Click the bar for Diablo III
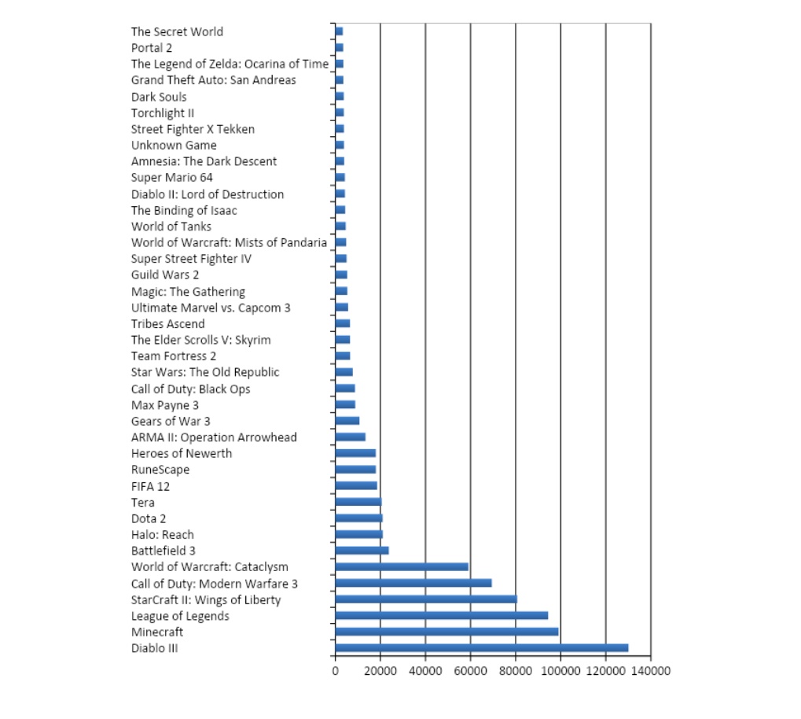(x=481, y=647)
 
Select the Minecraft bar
(x=446, y=631)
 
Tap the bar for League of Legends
(x=441, y=615)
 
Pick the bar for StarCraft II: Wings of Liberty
(x=425, y=599)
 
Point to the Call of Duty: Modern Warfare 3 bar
(x=413, y=583)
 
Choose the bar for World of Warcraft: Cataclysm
(x=401, y=566)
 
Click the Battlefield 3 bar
(x=362, y=550)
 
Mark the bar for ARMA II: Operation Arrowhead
(x=350, y=437)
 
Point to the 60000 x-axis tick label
(x=470, y=671)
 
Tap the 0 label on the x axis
(x=336, y=671)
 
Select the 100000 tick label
(x=560, y=671)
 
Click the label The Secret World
(x=177, y=31)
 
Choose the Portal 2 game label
(x=152, y=48)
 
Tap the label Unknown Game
(x=174, y=145)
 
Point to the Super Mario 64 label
(x=172, y=177)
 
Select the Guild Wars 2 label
(x=165, y=275)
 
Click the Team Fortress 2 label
(x=174, y=356)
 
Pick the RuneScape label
(x=160, y=470)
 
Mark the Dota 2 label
(x=149, y=518)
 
